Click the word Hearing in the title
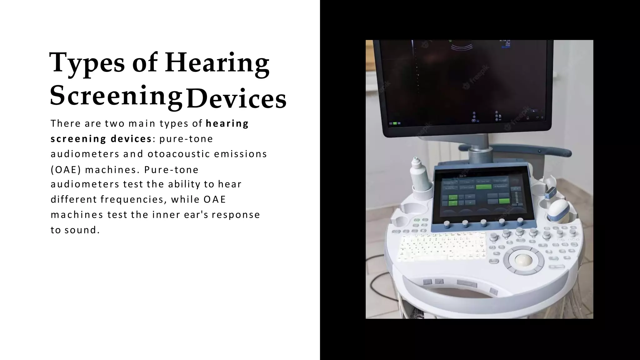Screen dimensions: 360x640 (x=217, y=63)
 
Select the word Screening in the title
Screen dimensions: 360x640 (x=116, y=96)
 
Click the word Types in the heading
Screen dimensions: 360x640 (x=87, y=63)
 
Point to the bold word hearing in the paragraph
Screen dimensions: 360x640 (x=227, y=123)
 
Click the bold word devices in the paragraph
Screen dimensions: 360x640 (x=131, y=139)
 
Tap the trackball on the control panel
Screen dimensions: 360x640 (x=522, y=259)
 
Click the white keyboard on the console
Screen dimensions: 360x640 (x=443, y=247)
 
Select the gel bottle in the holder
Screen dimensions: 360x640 (x=421, y=175)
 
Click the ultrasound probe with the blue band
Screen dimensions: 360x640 (x=559, y=211)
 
